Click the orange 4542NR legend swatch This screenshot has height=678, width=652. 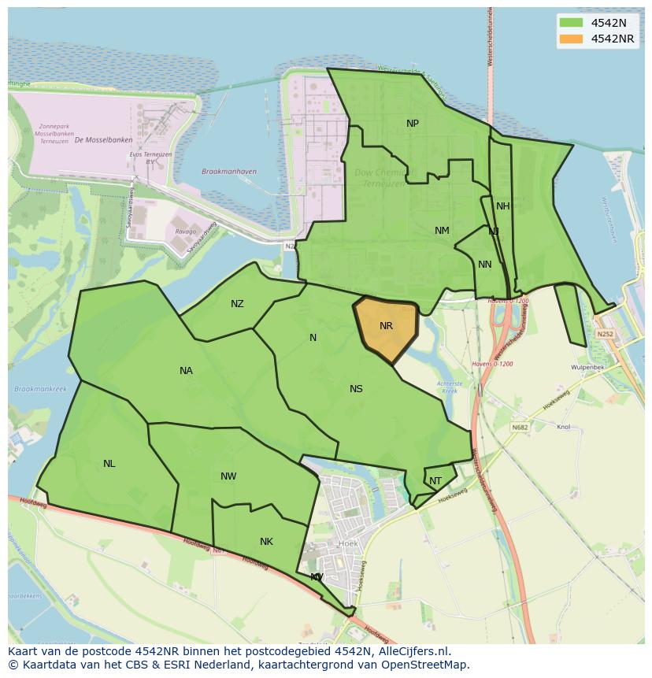tap(572, 39)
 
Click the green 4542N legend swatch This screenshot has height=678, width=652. tap(572, 23)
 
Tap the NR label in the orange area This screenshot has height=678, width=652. tap(386, 326)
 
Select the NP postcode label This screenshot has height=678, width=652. tap(413, 124)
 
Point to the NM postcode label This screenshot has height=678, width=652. tap(442, 231)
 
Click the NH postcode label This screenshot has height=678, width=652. tap(502, 206)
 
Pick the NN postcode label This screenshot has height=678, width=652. tap(485, 265)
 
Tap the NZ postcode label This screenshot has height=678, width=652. tap(237, 304)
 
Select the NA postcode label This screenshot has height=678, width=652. tap(186, 371)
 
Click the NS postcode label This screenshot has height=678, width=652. tap(356, 389)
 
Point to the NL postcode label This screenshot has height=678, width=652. tap(109, 464)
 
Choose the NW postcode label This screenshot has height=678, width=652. tap(228, 476)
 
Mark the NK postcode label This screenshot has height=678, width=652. tap(266, 542)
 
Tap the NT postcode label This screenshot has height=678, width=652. tap(435, 481)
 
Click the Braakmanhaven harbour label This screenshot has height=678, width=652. tap(229, 171)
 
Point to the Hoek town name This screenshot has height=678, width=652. tap(347, 543)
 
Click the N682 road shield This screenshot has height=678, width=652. tap(520, 428)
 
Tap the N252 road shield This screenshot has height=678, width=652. tap(605, 334)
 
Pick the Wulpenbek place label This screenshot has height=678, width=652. tap(587, 368)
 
